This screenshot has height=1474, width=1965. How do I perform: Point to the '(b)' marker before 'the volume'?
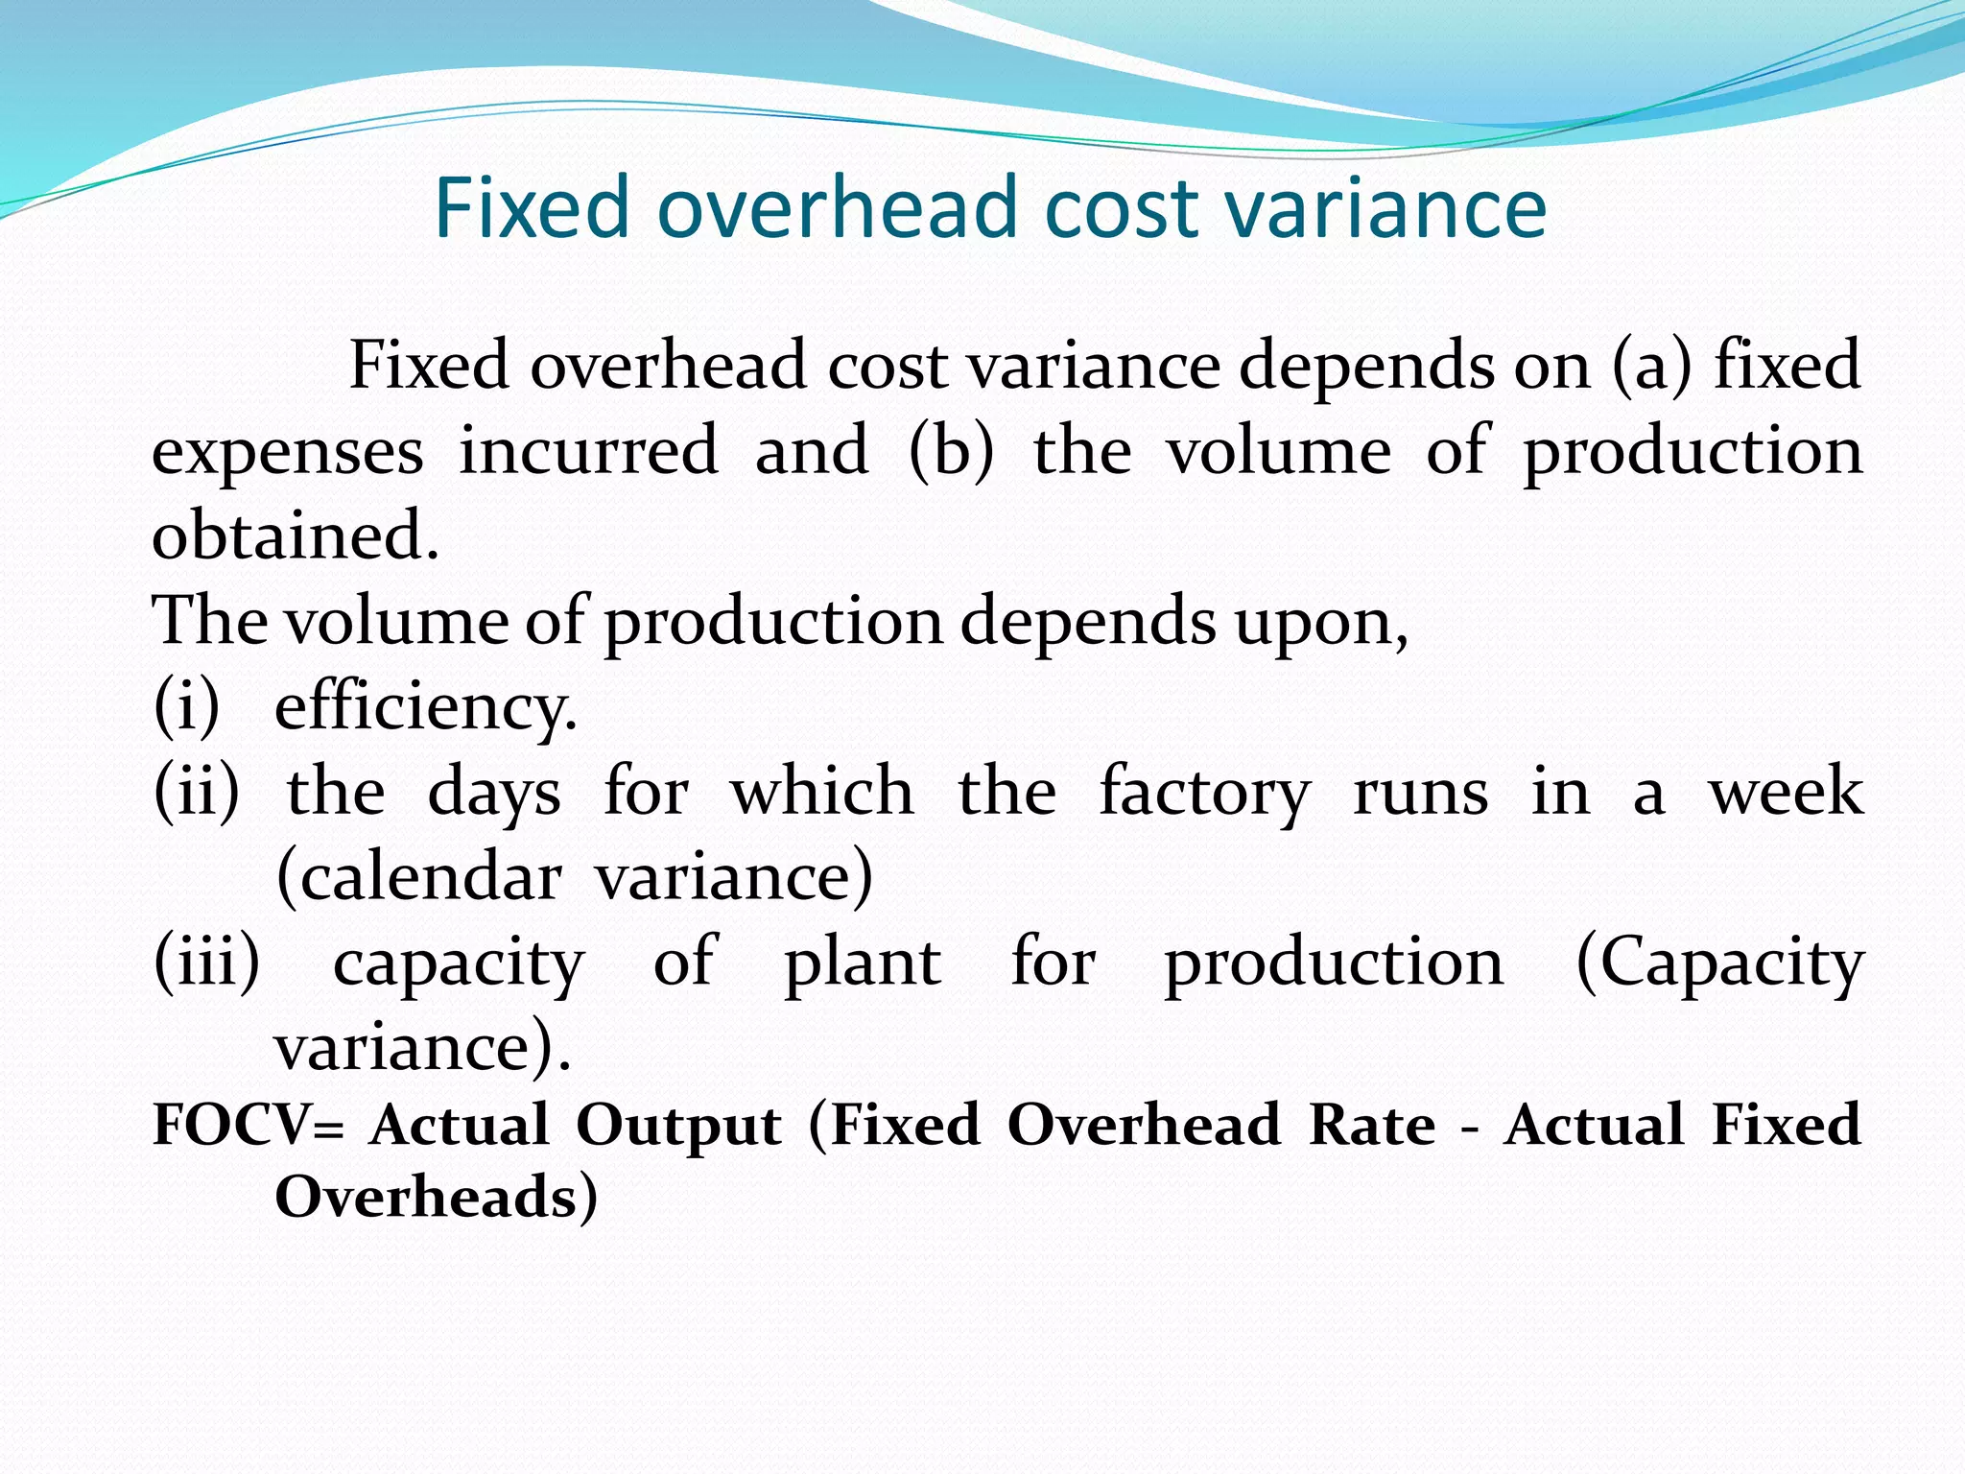950,450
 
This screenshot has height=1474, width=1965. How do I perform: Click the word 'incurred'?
588,450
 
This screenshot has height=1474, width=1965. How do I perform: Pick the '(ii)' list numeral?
197,792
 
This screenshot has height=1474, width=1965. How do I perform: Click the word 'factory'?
1204,794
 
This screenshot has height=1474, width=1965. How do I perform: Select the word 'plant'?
862,963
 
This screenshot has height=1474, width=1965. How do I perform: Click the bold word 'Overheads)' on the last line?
437,1198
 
